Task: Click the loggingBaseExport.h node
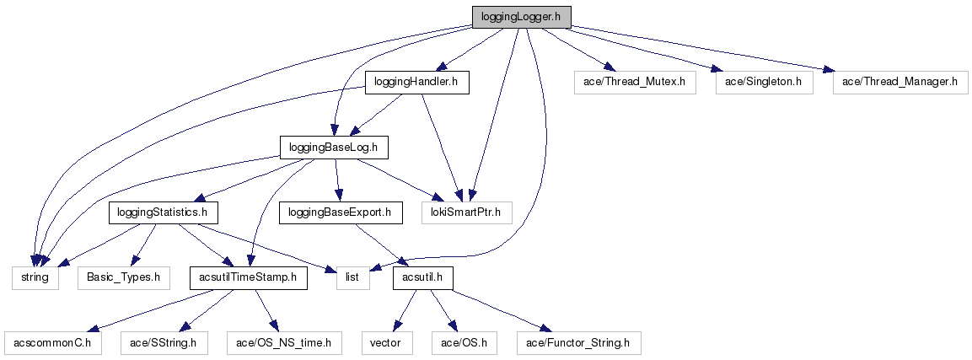[340, 212]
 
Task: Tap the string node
[35, 277]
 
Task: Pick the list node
[353, 277]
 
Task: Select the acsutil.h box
[422, 277]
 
